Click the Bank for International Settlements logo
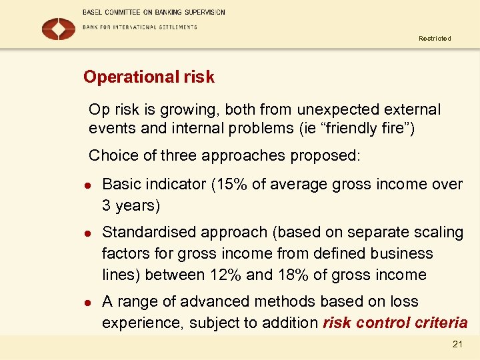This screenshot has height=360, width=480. pos(59,28)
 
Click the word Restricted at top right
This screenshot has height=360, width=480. pos(435,39)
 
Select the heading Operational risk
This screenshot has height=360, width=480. pos(149,77)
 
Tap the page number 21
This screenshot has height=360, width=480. pos(457,343)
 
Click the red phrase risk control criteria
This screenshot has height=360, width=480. pos(395,323)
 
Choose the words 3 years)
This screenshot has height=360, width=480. pos(131,205)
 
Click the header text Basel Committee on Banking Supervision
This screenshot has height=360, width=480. pos(153,12)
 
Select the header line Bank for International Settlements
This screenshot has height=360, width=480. pos(139,27)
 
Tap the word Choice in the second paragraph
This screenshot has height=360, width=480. pos(111,156)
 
